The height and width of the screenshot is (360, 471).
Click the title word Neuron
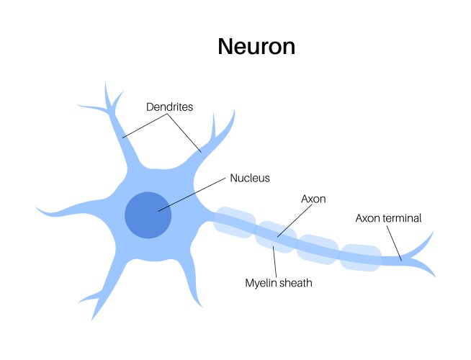click(256, 47)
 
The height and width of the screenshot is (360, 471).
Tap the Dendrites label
click(169, 107)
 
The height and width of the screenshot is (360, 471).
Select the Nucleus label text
click(250, 177)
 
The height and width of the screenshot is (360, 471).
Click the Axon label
click(313, 197)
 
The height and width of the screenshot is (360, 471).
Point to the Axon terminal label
click(388, 217)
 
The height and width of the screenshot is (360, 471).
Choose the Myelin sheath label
click(279, 283)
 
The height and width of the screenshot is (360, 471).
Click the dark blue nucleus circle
click(148, 215)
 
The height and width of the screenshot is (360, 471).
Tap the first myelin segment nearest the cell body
click(234, 222)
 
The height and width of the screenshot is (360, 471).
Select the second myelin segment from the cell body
click(277, 237)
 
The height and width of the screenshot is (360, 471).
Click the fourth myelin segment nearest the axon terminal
click(360, 258)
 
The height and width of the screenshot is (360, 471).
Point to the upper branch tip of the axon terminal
click(432, 233)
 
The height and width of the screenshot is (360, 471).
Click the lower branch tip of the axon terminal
click(434, 276)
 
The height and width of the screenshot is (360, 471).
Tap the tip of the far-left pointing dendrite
click(36, 210)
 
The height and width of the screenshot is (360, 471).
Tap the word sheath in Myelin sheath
click(296, 283)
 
